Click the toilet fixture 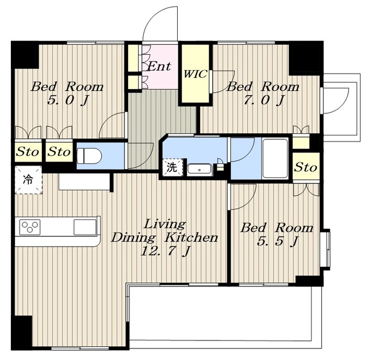89,155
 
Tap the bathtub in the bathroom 275,159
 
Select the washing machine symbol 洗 172,167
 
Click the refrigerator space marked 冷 28,180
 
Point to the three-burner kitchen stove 30,227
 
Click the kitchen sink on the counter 85,227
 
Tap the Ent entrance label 159,66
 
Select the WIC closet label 195,74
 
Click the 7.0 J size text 264,100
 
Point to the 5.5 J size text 277,241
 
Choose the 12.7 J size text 165,251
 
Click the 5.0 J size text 68,100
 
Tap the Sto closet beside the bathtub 306,167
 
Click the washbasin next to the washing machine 200,170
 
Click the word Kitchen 191,238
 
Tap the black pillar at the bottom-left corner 22,332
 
